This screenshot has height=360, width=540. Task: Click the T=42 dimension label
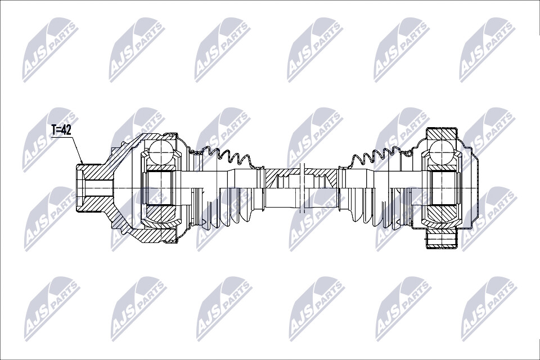point(61,130)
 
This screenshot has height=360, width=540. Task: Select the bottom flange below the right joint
point(441,239)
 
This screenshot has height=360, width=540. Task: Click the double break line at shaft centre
point(303,188)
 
